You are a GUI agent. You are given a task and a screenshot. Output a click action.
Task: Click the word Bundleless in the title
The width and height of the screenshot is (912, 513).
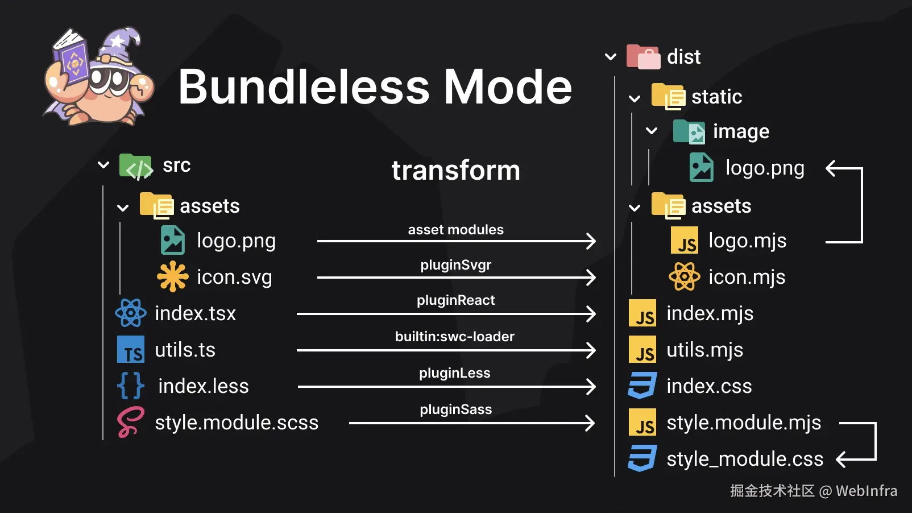click(x=304, y=86)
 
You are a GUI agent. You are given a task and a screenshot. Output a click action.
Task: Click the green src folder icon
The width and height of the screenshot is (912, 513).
click(x=136, y=167)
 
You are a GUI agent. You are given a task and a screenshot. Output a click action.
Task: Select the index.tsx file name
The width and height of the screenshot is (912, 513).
click(x=196, y=313)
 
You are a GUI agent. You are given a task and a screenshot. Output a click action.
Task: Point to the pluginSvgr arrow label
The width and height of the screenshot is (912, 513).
click(x=455, y=266)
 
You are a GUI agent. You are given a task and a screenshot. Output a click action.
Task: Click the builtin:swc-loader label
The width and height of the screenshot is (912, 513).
click(x=455, y=337)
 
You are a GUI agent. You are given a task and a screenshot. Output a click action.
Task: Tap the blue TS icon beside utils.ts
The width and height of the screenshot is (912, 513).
click(x=131, y=349)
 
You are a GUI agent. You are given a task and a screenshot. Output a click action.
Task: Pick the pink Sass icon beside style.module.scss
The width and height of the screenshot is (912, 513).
click(x=131, y=422)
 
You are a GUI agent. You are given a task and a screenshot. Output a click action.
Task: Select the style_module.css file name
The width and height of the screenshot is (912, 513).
click(x=745, y=460)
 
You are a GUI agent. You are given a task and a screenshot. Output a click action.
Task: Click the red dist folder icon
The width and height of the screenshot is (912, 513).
click(x=643, y=57)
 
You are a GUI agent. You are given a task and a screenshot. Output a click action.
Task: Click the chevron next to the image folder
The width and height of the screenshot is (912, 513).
click(x=652, y=131)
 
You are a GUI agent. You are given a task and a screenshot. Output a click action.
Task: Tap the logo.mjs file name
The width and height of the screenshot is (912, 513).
click(x=748, y=241)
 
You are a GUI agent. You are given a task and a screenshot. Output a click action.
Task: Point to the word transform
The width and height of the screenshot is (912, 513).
click(x=456, y=170)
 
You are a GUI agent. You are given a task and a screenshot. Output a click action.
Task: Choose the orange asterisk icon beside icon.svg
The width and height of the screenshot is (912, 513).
click(x=173, y=277)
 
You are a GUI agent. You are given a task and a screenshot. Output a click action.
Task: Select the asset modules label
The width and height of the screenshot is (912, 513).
click(x=455, y=230)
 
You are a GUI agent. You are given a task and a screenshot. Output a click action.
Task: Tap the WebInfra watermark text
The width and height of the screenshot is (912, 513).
click(x=867, y=491)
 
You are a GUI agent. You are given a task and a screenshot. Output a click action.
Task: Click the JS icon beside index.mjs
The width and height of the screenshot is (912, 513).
click(x=642, y=313)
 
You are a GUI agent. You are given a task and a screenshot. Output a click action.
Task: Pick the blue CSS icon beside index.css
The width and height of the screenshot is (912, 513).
click(x=642, y=386)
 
